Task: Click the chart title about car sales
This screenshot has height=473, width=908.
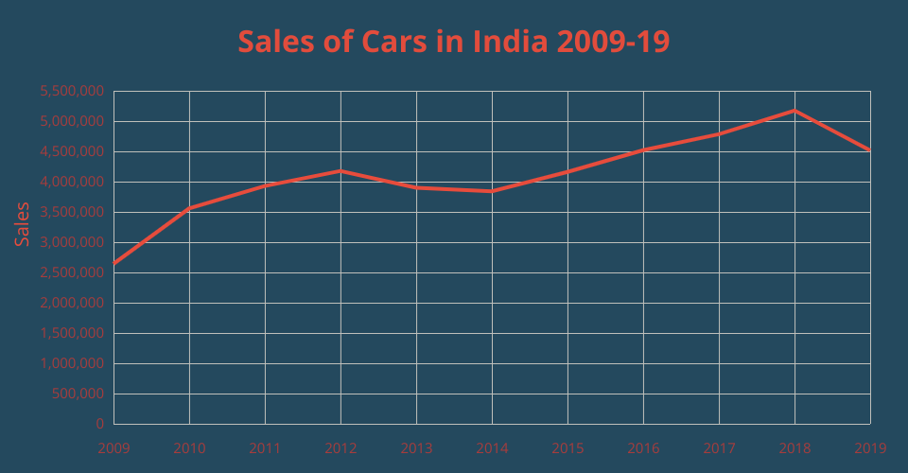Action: tap(454, 43)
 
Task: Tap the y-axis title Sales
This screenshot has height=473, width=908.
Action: tap(23, 224)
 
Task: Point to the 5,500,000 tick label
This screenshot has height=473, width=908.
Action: tap(72, 92)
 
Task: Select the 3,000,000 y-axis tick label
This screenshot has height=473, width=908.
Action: tap(72, 243)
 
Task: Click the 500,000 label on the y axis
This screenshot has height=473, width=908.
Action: tap(79, 394)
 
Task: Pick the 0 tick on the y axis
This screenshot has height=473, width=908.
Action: tap(100, 425)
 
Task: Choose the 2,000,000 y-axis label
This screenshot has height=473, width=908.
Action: tap(72, 304)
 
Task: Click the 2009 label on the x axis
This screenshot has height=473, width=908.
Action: tap(113, 447)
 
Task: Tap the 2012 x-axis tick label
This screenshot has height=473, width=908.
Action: tap(340, 447)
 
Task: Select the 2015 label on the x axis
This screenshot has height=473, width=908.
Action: tap(567, 447)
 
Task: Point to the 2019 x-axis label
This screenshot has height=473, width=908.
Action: tap(870, 447)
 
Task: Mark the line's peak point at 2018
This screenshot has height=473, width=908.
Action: tap(794, 111)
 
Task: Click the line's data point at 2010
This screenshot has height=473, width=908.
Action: tap(189, 208)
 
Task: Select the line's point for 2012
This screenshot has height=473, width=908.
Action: tap(340, 171)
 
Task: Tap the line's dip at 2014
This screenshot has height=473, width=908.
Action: tap(492, 191)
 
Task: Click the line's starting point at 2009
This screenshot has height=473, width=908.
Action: tap(114, 263)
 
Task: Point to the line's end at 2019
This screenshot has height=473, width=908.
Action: tap(869, 149)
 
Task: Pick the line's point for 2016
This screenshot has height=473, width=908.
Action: tap(643, 149)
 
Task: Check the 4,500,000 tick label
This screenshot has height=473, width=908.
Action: tap(72, 152)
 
